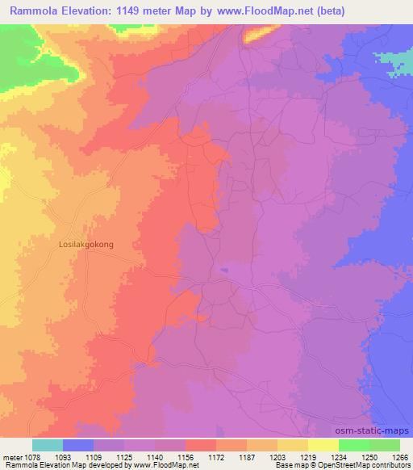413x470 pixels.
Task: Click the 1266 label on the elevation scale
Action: coord(399,456)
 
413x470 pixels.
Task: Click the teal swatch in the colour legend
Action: coord(48,445)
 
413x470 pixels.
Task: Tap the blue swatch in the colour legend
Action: coord(78,445)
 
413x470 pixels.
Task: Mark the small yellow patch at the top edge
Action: coord(257,34)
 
